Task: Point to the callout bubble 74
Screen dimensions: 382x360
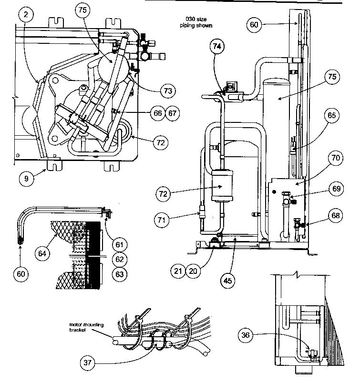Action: [x=217, y=46]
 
